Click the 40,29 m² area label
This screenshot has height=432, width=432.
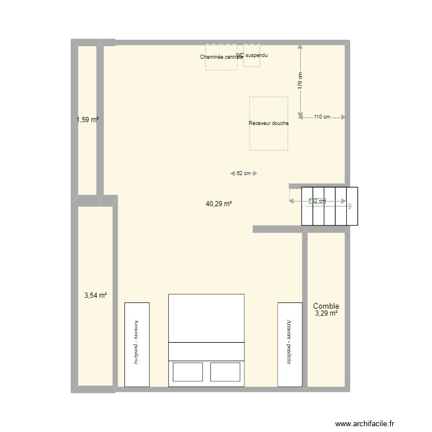pos(218,203)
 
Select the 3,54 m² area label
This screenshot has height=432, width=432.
pos(95,295)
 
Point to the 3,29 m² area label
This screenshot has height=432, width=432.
pos(326,314)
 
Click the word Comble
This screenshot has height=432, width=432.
pos(326,306)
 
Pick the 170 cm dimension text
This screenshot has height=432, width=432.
pos(300,80)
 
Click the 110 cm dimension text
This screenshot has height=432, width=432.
pos(322,118)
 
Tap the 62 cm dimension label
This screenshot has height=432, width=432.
pos(244,173)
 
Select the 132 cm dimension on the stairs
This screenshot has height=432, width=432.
pos(317,201)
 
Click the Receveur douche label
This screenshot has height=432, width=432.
pos(268,123)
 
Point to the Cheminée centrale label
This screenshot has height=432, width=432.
pos(221,57)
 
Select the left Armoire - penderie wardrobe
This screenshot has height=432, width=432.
pos(137,344)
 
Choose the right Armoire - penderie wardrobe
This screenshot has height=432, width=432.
pos(290,344)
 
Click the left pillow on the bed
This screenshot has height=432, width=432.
pos(187,372)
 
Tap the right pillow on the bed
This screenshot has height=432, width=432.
pos(225,372)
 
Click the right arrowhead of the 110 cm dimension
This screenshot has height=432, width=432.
pos(343,118)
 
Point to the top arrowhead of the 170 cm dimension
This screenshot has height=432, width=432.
pos(300,48)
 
